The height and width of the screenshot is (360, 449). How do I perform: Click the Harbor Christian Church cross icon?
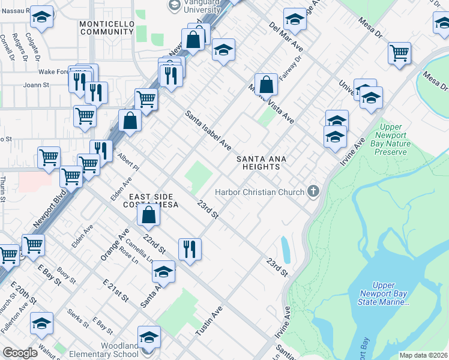tap(312, 192)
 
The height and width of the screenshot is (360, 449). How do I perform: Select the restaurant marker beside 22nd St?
tap(190, 248)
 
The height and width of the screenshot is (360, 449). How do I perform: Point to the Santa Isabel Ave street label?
tap(208, 130)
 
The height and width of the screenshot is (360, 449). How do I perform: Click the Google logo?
tap(20, 353)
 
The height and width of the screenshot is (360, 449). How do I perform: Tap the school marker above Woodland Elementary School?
tap(149, 337)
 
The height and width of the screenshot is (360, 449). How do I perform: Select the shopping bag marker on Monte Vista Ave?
tap(266, 84)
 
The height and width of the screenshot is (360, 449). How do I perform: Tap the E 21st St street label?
tap(116, 290)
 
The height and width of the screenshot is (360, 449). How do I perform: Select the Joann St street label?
tap(36, 85)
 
